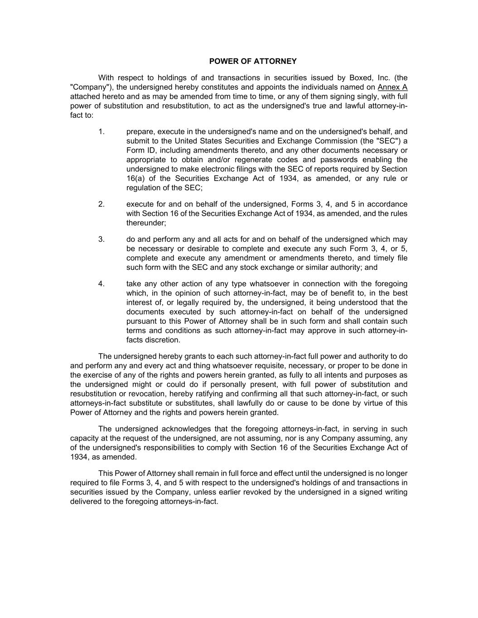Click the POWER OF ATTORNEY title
click(253, 61)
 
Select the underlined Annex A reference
click(392, 87)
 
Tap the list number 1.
click(101, 132)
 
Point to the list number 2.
click(101, 204)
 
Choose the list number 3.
click(101, 239)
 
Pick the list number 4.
click(101, 284)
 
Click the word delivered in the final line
click(86, 502)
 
